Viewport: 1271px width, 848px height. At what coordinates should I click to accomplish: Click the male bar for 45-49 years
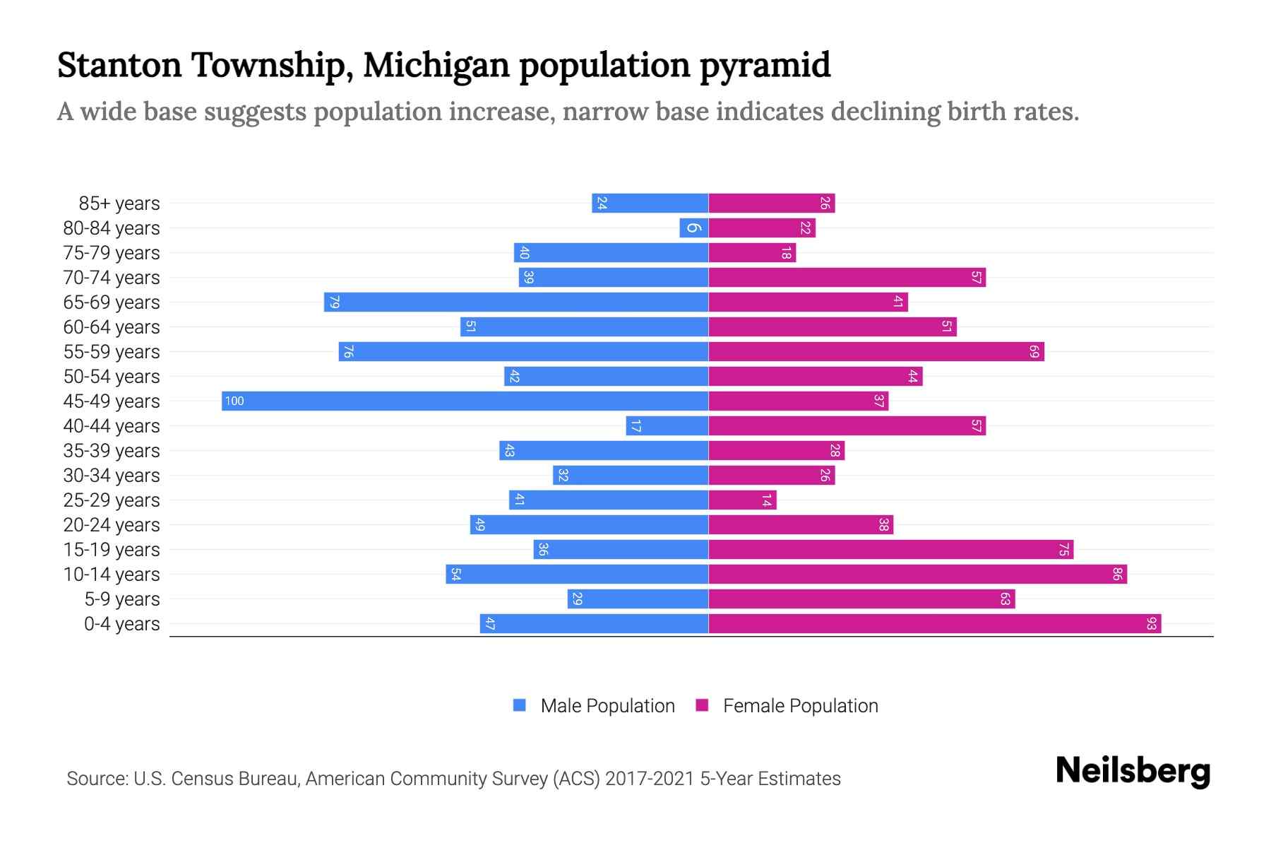(465, 401)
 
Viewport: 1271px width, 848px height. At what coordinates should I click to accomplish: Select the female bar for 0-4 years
(934, 623)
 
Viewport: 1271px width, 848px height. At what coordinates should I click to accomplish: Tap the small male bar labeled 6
(693, 228)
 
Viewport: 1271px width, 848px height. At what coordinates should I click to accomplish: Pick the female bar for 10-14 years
(917, 574)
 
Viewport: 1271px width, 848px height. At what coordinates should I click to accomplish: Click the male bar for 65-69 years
(515, 302)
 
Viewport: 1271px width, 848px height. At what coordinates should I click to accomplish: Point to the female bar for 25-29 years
(742, 500)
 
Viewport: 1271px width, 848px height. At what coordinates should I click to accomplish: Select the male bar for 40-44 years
(667, 425)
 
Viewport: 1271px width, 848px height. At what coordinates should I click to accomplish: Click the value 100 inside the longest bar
(234, 401)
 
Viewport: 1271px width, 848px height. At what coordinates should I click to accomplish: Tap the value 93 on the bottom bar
(1151, 623)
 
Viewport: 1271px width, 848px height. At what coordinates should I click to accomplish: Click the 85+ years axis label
(119, 204)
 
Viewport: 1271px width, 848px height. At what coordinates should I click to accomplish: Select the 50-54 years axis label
(112, 377)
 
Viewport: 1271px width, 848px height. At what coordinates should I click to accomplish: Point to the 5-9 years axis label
(121, 599)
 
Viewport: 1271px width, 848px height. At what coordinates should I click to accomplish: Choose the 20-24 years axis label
(112, 525)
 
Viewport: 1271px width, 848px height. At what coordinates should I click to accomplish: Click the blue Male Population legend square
(520, 705)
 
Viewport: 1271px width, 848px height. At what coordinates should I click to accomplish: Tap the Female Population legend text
(800, 706)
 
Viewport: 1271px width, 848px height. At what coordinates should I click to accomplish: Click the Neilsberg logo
(1133, 771)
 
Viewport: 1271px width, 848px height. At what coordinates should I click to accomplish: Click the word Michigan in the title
(436, 65)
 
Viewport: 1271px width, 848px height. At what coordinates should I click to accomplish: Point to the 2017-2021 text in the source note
(649, 779)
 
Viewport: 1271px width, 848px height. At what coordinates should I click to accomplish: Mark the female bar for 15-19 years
(890, 549)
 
